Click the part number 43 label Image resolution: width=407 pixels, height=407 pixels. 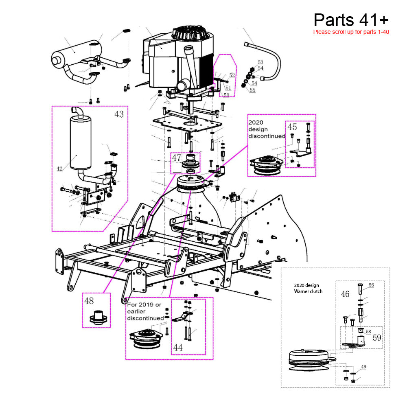point(119,114)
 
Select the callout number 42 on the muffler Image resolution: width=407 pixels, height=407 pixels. point(59,168)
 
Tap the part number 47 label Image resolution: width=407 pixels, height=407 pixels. point(176,158)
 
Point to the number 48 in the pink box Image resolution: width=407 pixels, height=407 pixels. point(89,301)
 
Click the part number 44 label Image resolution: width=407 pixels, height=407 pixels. point(178,347)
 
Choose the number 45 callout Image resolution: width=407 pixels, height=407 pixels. point(292,127)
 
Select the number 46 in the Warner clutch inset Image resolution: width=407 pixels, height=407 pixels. point(345,294)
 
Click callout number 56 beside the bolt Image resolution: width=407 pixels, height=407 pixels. point(371,285)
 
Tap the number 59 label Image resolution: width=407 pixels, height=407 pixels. point(377,337)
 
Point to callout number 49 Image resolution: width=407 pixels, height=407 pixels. point(363,367)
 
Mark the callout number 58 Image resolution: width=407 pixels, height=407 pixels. point(368,332)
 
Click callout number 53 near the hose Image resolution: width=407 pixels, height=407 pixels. point(260,62)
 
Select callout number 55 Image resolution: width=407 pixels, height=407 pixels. point(253,90)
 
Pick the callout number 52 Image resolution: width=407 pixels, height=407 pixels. point(232,75)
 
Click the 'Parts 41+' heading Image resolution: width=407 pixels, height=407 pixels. point(351,20)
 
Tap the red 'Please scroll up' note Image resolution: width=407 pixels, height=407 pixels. point(351,32)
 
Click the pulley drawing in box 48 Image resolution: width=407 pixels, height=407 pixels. point(97,317)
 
